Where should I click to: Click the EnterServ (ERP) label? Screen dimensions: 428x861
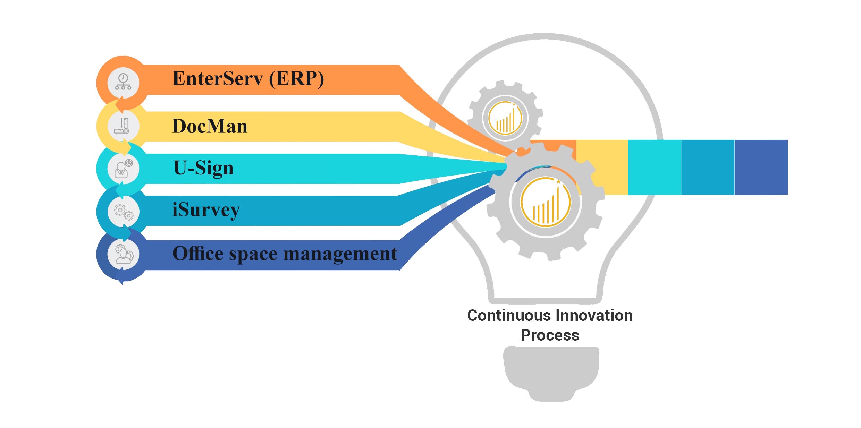(248, 79)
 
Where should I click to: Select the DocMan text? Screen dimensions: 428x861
(210, 126)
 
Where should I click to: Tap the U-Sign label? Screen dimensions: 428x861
(203, 168)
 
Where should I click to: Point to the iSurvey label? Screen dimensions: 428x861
(206, 210)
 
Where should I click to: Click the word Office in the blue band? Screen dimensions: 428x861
(198, 254)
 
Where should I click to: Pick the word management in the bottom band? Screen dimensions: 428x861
(340, 254)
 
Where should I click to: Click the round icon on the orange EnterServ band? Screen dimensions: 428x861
(123, 83)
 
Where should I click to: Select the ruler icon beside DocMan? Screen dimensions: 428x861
(123, 126)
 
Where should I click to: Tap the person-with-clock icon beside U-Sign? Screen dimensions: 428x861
(123, 169)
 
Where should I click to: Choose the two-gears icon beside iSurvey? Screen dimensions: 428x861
(123, 211)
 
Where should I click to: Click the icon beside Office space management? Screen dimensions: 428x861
(123, 254)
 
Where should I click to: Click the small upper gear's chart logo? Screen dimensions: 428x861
(505, 118)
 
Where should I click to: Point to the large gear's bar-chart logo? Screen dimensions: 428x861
(546, 202)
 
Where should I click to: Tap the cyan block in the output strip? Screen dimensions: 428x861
(655, 167)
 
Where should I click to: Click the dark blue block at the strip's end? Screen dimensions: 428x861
(761, 167)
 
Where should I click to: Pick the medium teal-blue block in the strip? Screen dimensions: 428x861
(708, 167)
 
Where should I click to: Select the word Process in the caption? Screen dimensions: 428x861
(550, 335)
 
